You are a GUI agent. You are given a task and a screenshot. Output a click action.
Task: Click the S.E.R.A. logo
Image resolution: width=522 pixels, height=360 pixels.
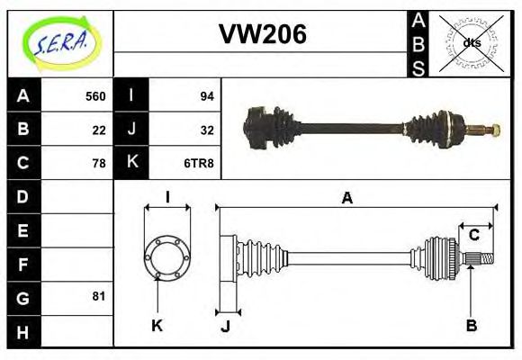59,42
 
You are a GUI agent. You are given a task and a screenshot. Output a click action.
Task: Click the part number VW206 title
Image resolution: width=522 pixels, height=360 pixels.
262,35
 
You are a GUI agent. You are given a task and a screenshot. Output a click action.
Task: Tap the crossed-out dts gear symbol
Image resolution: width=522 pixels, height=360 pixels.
472,43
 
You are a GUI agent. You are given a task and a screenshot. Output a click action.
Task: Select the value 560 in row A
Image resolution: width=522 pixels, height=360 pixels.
94,96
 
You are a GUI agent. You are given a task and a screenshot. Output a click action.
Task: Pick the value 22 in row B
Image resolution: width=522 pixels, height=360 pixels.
99,130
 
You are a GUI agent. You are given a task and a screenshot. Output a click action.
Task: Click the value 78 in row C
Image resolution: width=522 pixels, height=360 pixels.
99,163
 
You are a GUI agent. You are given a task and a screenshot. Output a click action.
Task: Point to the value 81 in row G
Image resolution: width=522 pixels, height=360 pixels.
99,296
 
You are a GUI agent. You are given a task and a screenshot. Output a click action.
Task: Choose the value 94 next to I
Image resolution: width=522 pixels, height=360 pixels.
206,96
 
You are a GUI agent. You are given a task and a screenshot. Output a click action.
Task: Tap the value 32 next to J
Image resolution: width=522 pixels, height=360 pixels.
206,130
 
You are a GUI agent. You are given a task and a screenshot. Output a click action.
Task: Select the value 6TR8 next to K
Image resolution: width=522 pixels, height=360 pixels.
199,163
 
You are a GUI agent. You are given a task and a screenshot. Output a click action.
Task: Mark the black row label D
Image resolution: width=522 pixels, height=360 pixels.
23,196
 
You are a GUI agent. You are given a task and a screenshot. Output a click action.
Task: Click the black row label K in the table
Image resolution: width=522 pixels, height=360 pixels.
131,163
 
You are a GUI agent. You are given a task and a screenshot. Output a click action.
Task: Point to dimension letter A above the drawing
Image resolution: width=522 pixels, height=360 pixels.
346,198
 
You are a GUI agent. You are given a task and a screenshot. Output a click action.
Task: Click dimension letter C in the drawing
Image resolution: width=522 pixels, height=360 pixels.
473,236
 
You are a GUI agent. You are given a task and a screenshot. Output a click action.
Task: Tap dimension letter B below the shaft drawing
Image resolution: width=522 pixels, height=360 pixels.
471,325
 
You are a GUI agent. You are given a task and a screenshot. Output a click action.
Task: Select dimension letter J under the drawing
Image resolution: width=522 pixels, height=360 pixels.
225,327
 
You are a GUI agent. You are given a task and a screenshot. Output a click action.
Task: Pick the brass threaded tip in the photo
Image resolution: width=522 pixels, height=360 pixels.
490,130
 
